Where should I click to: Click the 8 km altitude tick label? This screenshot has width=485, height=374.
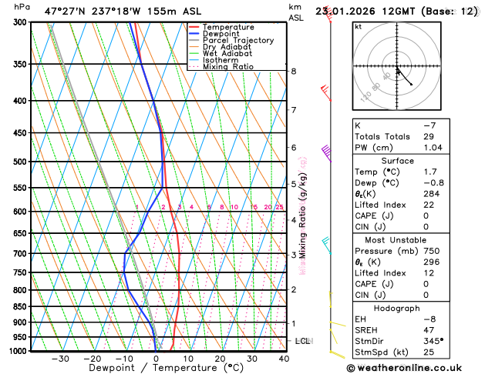click(294, 72)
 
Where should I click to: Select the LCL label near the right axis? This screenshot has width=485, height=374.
click(302, 340)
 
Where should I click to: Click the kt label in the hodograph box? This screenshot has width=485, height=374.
click(358, 26)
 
